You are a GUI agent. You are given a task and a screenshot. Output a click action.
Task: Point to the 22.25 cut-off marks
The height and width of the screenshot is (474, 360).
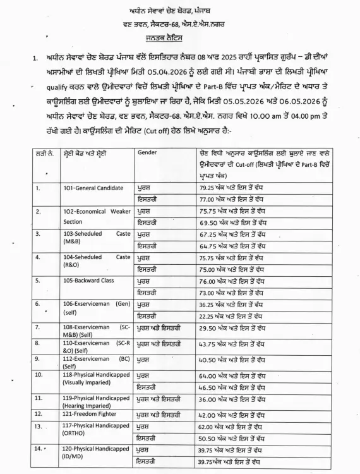(209, 315)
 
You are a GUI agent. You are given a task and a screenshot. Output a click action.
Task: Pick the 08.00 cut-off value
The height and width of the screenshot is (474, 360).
(209, 329)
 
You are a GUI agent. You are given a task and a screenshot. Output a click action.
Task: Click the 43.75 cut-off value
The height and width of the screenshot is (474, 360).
(209, 344)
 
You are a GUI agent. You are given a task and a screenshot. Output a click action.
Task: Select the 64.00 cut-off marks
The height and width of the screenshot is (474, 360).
(209, 375)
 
